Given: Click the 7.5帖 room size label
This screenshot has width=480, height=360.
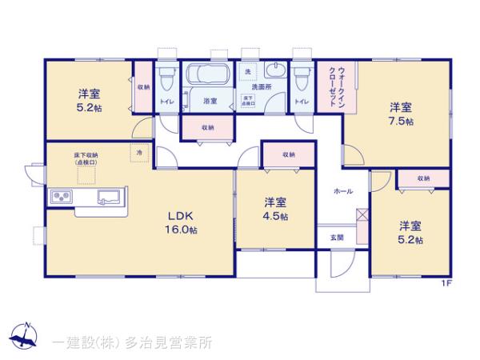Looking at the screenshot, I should click(x=401, y=122).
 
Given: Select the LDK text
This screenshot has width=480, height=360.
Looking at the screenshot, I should click(x=182, y=214).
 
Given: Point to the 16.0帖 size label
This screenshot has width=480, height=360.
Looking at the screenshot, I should click(x=182, y=230).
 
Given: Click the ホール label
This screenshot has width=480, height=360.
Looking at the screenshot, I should click(x=344, y=192).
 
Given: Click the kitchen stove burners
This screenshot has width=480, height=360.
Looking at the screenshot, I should click(x=62, y=197).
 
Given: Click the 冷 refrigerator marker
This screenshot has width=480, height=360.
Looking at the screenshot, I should click(x=138, y=152).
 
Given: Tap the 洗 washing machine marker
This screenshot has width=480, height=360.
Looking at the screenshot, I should click(x=247, y=71).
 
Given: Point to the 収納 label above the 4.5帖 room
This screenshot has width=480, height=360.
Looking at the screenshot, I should click(x=287, y=154).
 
